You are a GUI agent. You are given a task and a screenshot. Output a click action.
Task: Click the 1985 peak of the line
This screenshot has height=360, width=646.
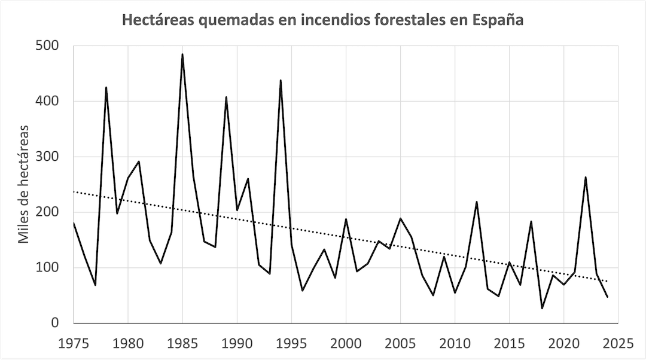point(182,54)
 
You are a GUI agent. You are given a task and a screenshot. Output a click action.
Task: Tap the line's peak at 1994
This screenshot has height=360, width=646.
point(281,80)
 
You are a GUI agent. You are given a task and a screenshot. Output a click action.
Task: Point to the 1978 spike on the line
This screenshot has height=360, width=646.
point(106,87)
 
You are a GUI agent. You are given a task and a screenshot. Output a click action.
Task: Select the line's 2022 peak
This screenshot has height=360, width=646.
point(586,177)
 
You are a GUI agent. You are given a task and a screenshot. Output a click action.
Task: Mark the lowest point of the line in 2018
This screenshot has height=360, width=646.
point(542,308)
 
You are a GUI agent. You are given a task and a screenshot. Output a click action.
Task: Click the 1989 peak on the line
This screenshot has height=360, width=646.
point(226,97)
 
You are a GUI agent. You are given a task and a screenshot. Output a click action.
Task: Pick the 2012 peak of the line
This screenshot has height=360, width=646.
point(477,202)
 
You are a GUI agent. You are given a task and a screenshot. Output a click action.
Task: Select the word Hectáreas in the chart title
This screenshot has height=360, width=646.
point(157,20)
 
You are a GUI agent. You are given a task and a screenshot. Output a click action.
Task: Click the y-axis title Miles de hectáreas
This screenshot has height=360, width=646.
point(23,184)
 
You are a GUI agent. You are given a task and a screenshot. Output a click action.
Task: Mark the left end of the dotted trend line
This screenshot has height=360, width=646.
point(74,191)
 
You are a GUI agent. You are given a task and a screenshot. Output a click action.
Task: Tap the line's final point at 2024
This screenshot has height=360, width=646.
point(607,297)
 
